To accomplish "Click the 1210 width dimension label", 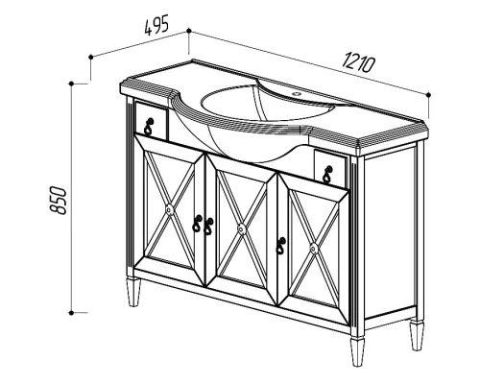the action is tap(358, 63).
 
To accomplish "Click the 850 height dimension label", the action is tap(59, 200).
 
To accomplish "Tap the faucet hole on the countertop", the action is tap(297, 94).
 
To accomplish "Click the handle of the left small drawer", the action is tap(149, 127).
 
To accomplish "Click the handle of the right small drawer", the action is tap(328, 175).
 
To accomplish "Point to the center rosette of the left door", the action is tap(169, 209).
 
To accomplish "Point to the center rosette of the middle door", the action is tap(242, 228).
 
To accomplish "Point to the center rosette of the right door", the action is tap(314, 249).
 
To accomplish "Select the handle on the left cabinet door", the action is tap(197, 224).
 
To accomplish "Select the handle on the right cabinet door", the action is tap(281, 246).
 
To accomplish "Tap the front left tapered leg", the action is tap(133, 292).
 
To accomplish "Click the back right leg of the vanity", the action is tap(417, 334).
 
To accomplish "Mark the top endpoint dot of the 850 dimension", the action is tap(71, 84).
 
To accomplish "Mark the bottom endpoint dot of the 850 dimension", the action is tap(71, 313).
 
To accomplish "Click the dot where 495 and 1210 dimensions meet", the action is tap(189, 31).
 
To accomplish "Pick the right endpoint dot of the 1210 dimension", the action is tap(429, 94).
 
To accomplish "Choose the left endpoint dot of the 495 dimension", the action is tap(91, 57).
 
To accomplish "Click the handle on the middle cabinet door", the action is tap(209, 227).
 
